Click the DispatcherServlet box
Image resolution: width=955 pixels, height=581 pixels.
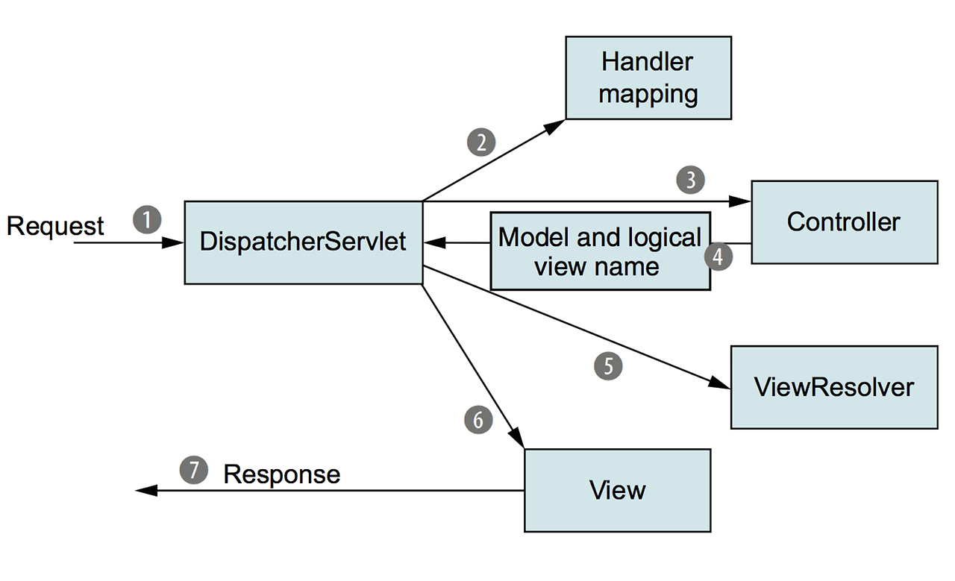(x=303, y=242)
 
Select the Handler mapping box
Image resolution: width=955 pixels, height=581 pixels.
(x=648, y=78)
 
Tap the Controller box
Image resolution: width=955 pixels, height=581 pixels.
(x=844, y=222)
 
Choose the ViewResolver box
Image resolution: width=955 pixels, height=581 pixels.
(x=833, y=387)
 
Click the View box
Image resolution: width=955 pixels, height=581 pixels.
(x=617, y=490)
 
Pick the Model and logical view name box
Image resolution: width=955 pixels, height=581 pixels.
(x=600, y=251)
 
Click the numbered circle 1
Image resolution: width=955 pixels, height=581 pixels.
(x=147, y=220)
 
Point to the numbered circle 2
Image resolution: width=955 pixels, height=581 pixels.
(x=481, y=142)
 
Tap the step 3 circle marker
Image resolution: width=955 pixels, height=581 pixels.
(x=690, y=180)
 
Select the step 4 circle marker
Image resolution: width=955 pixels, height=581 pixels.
(x=718, y=257)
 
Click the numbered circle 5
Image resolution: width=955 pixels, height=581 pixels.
(x=608, y=365)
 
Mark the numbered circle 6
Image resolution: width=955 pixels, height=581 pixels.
(x=478, y=419)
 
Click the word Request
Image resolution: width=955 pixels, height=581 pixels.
(x=55, y=225)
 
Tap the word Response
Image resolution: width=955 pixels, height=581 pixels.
(x=282, y=474)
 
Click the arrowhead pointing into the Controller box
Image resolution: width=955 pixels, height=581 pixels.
(x=741, y=201)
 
